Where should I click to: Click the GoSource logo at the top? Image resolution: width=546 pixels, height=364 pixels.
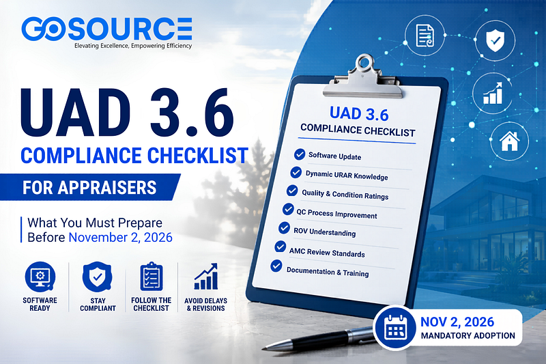coord(106,29)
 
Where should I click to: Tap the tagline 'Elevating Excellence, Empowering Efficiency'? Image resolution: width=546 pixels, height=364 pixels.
coord(133,46)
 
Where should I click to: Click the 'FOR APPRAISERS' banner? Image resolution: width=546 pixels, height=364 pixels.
coord(89,187)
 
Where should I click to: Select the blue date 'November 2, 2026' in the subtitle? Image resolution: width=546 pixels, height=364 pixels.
coord(121,237)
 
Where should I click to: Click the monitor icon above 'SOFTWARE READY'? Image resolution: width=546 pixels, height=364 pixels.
coord(40,277)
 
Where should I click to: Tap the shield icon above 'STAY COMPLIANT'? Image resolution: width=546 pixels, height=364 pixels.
coord(97,277)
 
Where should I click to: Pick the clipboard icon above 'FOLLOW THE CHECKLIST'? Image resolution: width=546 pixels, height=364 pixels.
coord(152,277)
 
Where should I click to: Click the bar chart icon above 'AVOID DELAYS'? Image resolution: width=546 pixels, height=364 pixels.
coord(206,277)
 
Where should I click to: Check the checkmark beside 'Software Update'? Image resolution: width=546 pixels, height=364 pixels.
coord(300,154)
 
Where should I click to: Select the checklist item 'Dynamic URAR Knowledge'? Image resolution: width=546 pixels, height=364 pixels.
coord(347,176)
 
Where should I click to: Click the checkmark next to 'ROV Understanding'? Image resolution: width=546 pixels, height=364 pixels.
coord(284,228)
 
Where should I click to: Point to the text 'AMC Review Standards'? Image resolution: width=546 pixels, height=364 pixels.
coord(327,252)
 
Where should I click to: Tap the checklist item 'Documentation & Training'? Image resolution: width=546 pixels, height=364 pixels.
coord(328,272)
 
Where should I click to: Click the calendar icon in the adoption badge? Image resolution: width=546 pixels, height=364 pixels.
coord(395,328)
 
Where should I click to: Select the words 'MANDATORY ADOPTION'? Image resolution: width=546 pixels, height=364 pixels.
coord(468,336)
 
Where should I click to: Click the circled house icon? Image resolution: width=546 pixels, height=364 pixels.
coord(509,141)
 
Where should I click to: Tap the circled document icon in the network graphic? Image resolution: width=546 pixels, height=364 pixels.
coord(425,36)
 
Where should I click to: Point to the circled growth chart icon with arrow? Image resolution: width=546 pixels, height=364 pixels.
coord(492,93)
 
